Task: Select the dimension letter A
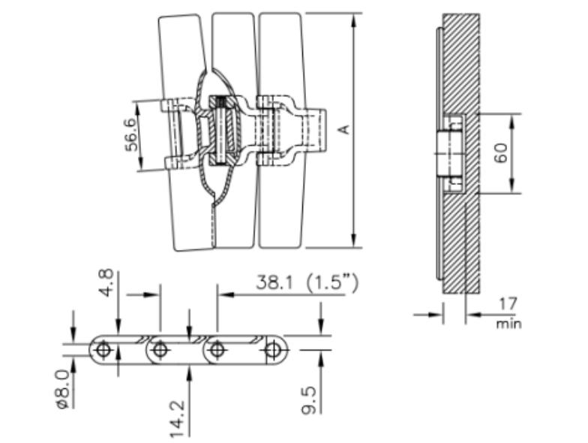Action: pyautogui.click(x=344, y=130)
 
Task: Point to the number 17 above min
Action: pyautogui.click(x=508, y=304)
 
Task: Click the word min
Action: pyautogui.click(x=508, y=324)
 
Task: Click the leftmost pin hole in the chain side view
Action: pyautogui.click(x=103, y=349)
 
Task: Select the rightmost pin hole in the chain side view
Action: pyautogui.click(x=274, y=349)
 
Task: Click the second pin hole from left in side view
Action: pyautogui.click(x=159, y=349)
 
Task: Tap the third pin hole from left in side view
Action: pyautogui.click(x=217, y=349)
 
